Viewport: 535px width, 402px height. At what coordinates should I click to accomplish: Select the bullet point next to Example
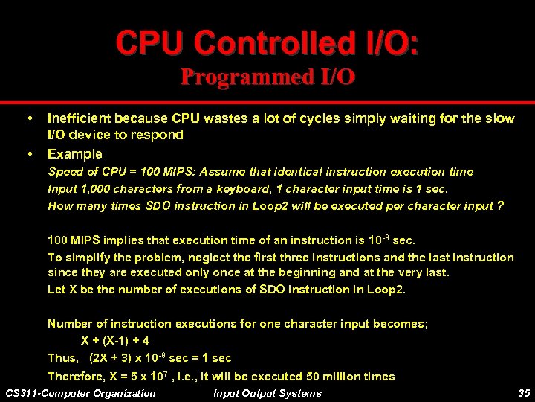(x=30, y=154)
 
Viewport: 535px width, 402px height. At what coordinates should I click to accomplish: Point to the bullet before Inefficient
(x=30, y=118)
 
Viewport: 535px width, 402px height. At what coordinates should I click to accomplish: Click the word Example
(x=74, y=154)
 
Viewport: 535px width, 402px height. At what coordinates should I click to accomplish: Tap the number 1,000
(x=92, y=188)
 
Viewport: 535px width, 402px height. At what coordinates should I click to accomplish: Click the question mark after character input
(x=501, y=205)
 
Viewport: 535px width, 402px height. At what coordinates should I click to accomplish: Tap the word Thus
(x=62, y=358)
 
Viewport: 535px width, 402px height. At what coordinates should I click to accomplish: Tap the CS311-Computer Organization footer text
(x=80, y=393)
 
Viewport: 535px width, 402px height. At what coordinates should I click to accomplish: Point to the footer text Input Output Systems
(x=267, y=393)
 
